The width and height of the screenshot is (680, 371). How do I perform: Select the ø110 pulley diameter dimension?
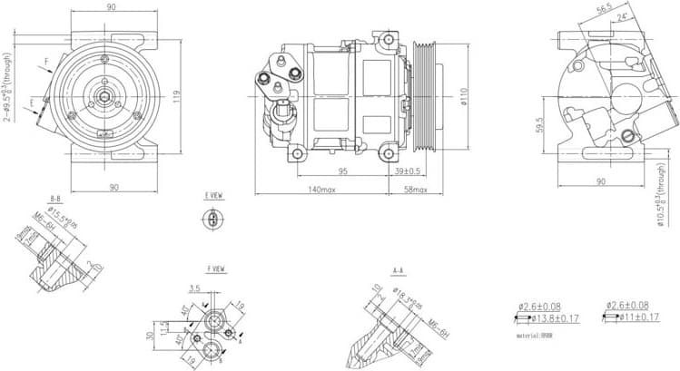click(464, 93)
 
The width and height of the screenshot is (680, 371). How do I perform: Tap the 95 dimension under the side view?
click(343, 171)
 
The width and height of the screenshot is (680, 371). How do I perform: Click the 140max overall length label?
click(321, 190)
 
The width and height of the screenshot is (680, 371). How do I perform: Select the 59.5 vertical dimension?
click(538, 124)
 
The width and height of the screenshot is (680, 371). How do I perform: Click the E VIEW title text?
click(214, 195)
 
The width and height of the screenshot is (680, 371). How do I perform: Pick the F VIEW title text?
click(216, 268)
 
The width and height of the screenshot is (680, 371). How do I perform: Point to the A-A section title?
click(399, 270)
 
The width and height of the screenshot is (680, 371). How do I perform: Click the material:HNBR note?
click(535, 335)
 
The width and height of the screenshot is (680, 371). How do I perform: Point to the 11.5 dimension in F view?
click(164, 327)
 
